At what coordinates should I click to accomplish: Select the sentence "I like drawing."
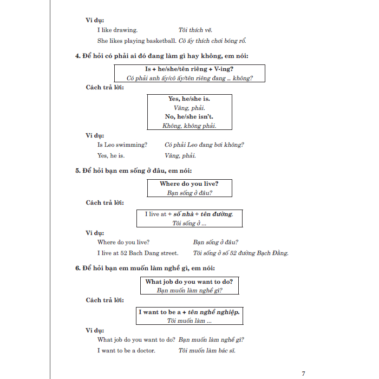click(x=117, y=30)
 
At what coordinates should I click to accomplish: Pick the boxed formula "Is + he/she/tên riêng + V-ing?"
click(x=189, y=69)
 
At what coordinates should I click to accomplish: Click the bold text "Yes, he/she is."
click(x=190, y=99)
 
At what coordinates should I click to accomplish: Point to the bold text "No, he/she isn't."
click(x=190, y=117)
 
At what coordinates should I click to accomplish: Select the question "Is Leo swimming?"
click(x=122, y=145)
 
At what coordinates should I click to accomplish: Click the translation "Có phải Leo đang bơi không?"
click(x=204, y=145)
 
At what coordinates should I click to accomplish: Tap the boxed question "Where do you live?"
click(x=189, y=184)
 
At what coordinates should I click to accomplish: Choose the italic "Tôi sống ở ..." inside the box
click(x=189, y=223)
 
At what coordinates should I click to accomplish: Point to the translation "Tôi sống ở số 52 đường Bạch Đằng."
click(x=241, y=253)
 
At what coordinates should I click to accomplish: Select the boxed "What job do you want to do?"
click(x=189, y=282)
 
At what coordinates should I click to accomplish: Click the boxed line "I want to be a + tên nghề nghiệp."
click(x=189, y=312)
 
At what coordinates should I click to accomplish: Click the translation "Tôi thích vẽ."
click(x=196, y=30)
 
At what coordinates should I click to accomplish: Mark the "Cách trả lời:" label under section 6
click(x=104, y=300)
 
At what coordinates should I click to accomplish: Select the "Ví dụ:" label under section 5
click(x=95, y=233)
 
